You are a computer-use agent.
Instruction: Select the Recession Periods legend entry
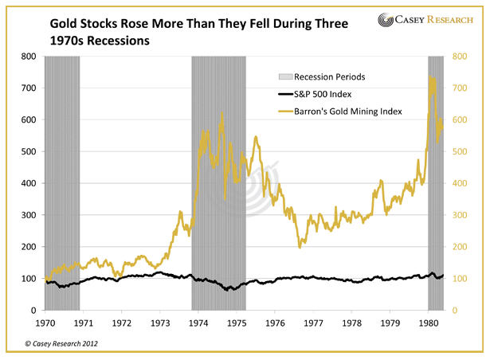pos(330,77)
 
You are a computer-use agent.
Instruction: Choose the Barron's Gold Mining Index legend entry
pos(348,112)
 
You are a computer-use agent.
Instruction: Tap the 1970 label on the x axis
pos(45,324)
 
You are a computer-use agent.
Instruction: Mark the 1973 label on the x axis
pos(160,324)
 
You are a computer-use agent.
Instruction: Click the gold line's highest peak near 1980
pos(431,77)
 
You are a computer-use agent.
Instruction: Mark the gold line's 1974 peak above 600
pos(221,112)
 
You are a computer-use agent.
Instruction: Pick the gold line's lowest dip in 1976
pos(300,248)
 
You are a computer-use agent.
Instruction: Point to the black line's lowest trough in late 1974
pos(228,290)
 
